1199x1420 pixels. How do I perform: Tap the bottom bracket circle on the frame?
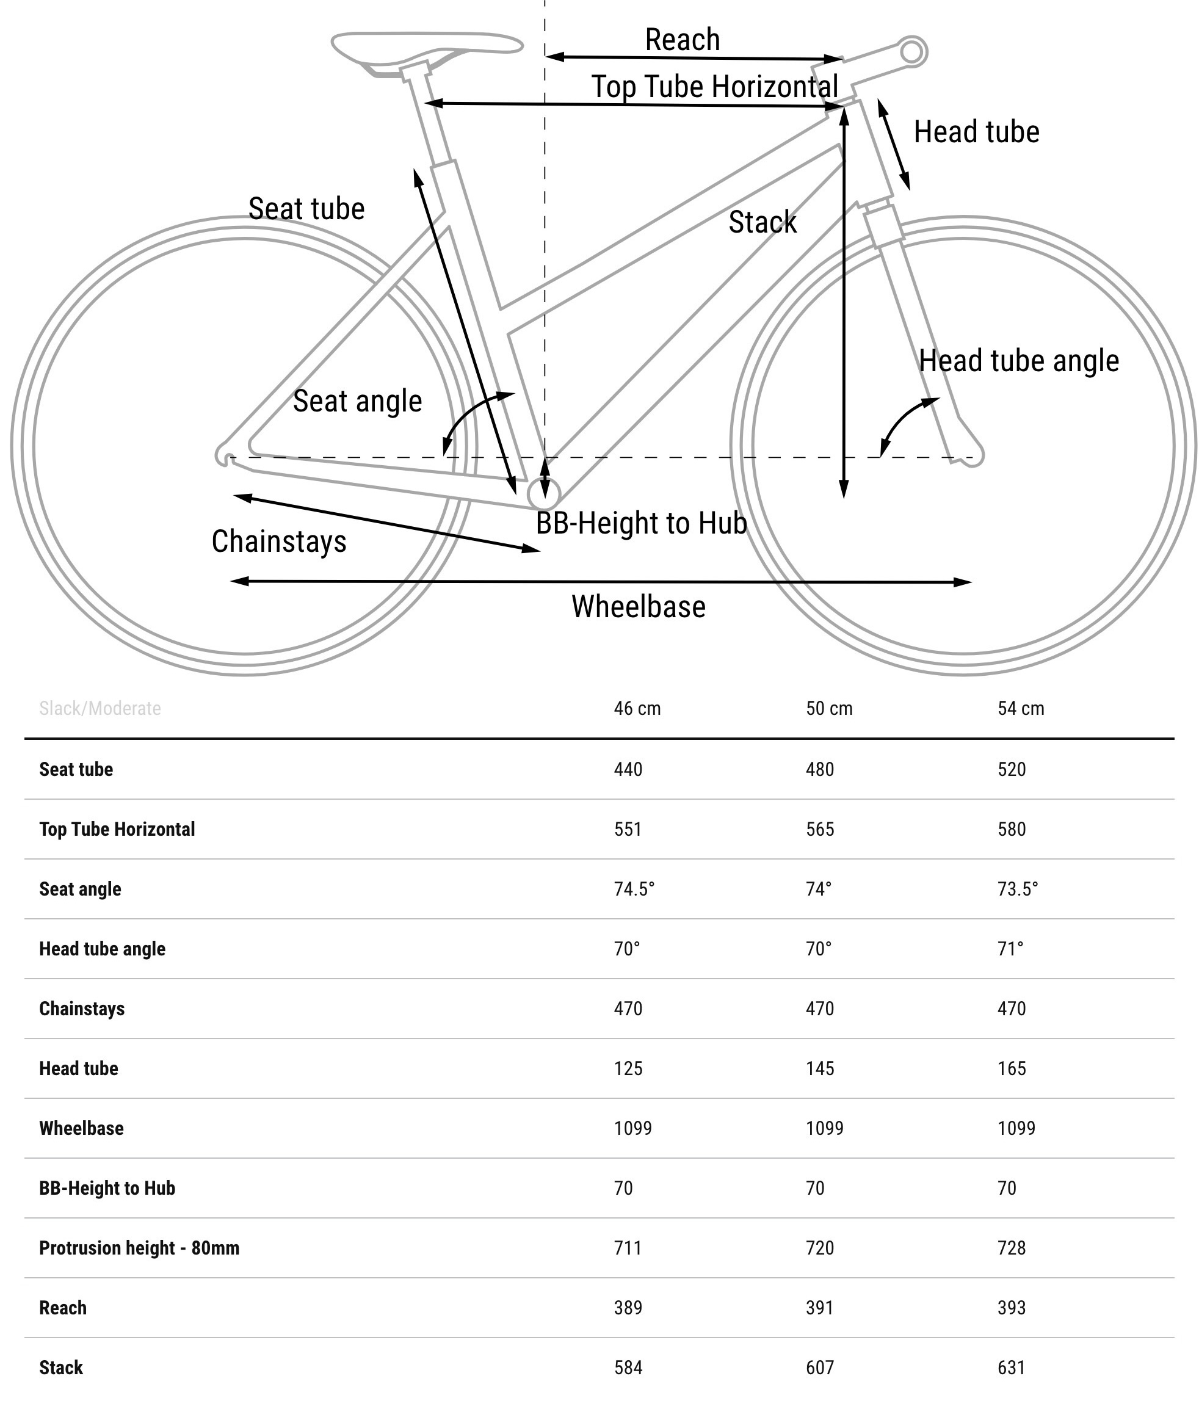[544, 493]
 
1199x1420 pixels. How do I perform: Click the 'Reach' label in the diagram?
[682, 40]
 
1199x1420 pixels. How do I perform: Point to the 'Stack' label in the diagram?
[762, 222]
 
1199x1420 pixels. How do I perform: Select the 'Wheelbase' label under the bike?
[638, 606]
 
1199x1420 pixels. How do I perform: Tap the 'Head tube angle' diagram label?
[1018, 360]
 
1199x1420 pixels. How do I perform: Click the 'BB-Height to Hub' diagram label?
[641, 523]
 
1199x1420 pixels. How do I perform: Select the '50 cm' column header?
[828, 708]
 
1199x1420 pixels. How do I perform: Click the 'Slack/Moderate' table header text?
[100, 708]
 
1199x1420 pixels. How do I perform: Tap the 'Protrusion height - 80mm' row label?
[139, 1248]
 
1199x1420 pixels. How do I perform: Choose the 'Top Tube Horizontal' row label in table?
[117, 829]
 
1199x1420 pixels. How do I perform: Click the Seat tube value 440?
[628, 769]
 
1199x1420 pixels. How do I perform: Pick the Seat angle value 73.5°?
[1018, 889]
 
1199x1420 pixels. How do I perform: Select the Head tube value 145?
[820, 1068]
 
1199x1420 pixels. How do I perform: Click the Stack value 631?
[1012, 1367]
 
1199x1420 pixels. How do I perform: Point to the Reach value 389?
[628, 1308]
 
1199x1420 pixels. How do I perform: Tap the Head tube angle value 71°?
[1010, 949]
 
